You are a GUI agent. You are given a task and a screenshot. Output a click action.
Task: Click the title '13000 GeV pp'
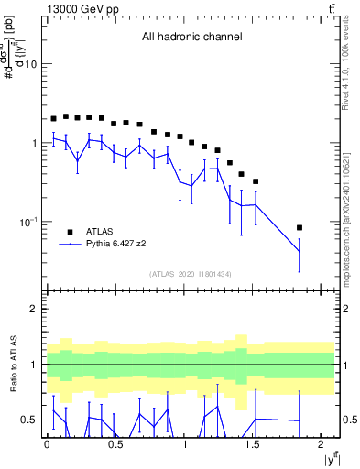click(x=80, y=8)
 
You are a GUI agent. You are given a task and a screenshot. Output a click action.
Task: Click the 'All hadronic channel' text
click(x=191, y=38)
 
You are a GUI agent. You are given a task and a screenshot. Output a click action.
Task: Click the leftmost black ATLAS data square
click(x=54, y=118)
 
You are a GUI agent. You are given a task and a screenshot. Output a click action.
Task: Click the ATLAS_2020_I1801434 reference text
click(x=191, y=274)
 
